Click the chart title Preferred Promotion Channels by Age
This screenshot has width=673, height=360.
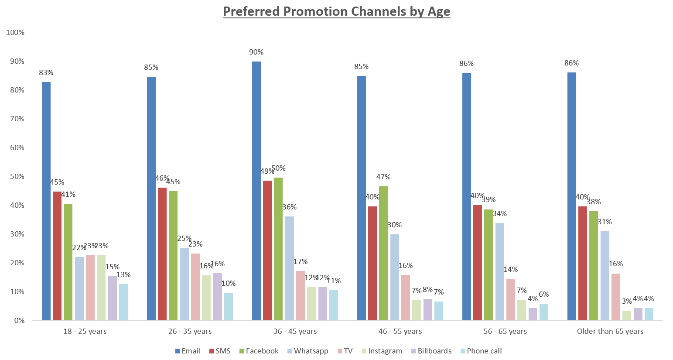pyautogui.click(x=336, y=11)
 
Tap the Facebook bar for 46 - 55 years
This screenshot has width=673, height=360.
pyautogui.click(x=383, y=253)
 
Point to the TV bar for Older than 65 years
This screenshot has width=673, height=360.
pyautogui.click(x=616, y=297)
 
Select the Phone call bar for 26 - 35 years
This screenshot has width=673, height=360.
pyautogui.click(x=229, y=306)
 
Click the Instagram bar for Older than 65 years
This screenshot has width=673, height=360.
pyautogui.click(x=627, y=315)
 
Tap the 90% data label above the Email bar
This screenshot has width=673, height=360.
pyautogui.click(x=256, y=52)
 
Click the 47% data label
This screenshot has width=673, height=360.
pyautogui.click(x=383, y=177)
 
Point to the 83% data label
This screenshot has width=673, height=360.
pyautogui.click(x=46, y=73)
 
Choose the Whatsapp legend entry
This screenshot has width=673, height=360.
pyautogui.click(x=307, y=351)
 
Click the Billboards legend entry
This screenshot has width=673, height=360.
pyautogui.click(x=431, y=351)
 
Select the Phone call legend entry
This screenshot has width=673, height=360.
pyautogui.click(x=481, y=351)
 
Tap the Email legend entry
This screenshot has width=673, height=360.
pyautogui.click(x=188, y=351)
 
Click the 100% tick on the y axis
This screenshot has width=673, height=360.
pyautogui.click(x=15, y=33)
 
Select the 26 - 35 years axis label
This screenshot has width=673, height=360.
pyautogui.click(x=190, y=331)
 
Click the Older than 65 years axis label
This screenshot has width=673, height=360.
pyautogui.click(x=610, y=331)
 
